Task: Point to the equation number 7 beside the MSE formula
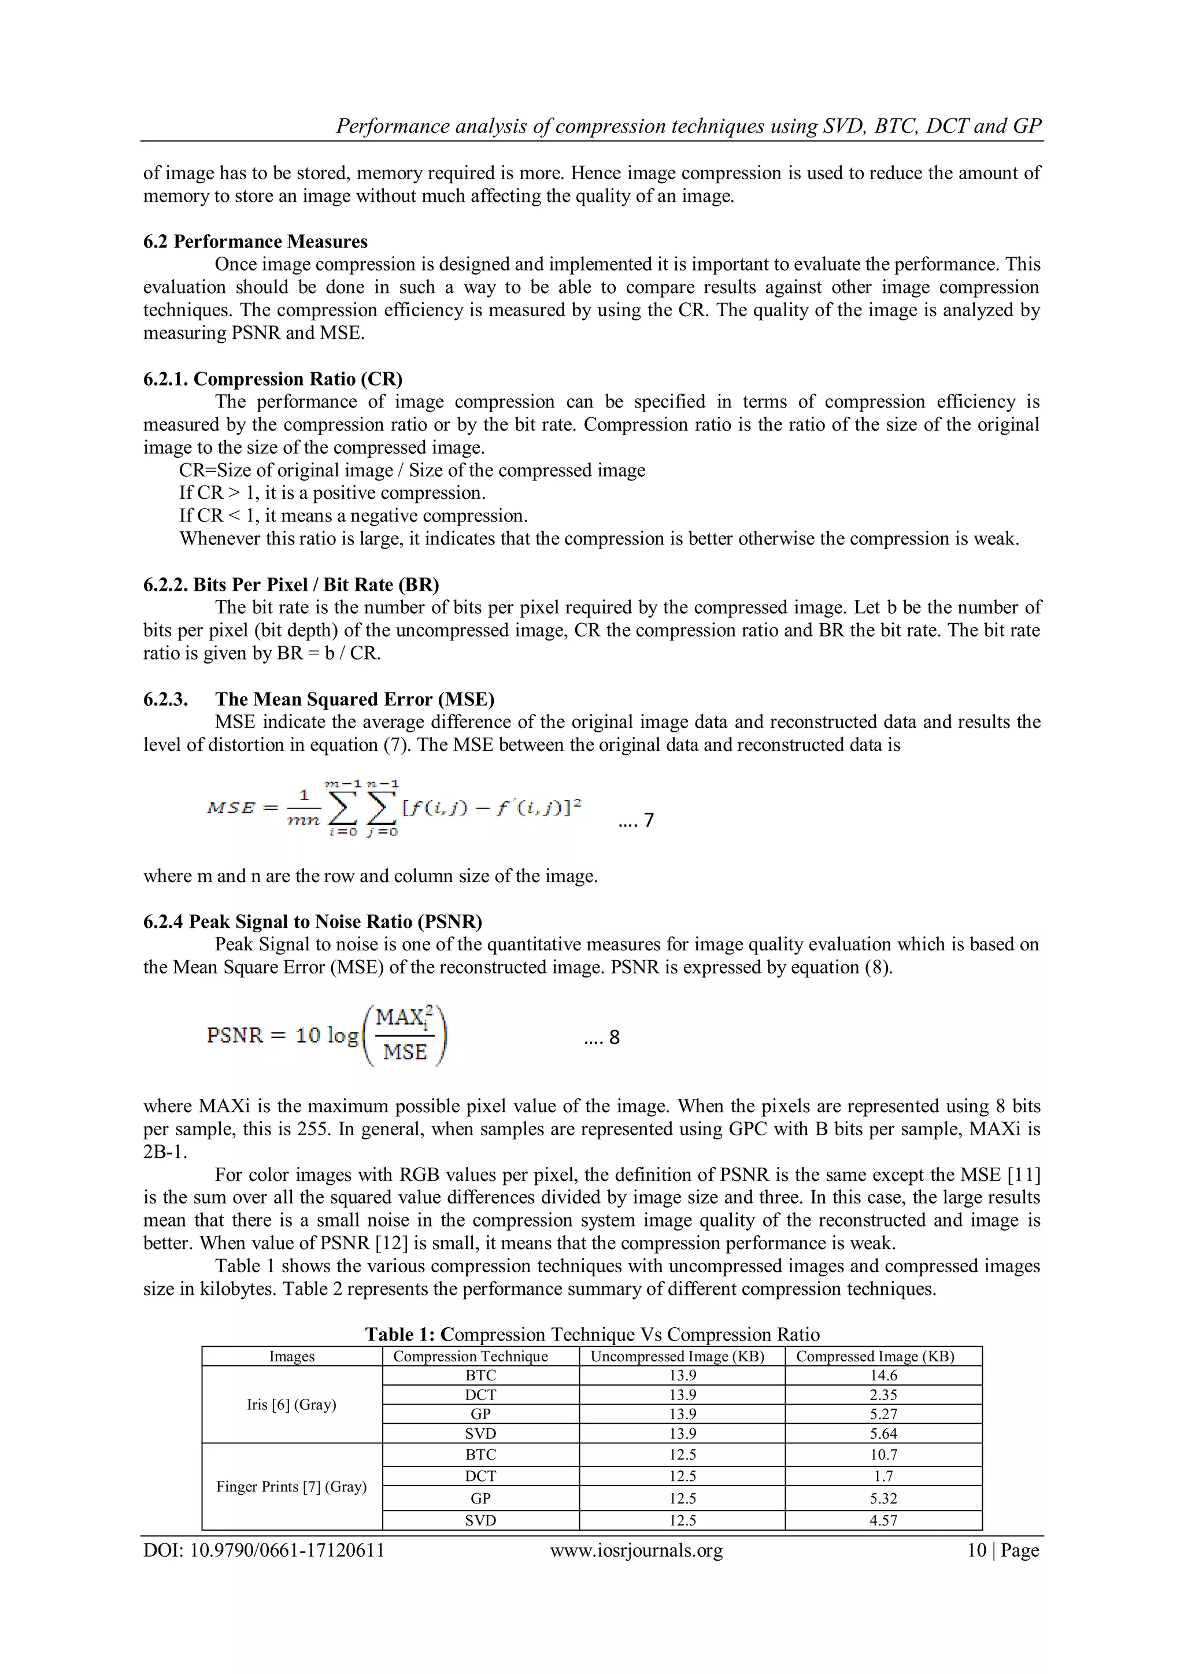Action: point(648,820)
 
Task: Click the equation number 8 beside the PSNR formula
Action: point(614,1037)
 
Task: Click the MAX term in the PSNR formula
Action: point(399,1017)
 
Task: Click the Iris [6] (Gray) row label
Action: point(291,1404)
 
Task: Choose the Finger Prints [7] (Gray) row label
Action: point(291,1486)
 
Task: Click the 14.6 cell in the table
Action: point(883,1376)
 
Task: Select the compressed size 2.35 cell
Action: point(883,1395)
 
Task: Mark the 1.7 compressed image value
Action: point(883,1476)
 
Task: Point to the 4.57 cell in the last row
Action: point(883,1520)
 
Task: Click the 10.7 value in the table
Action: point(883,1454)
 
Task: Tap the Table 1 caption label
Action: point(402,1334)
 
